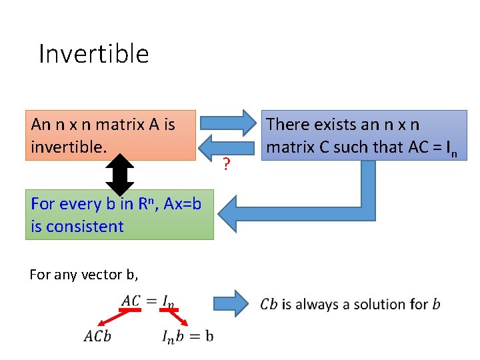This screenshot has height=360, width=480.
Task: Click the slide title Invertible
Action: [93, 53]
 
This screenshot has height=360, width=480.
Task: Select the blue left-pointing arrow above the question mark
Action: [227, 147]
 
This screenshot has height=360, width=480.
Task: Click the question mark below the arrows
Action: [227, 164]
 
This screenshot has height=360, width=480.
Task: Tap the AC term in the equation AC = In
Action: [131, 301]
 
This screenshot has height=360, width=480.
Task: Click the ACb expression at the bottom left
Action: [97, 336]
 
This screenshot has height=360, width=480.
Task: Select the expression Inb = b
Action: [187, 336]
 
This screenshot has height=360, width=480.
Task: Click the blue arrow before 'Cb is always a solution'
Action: [233, 303]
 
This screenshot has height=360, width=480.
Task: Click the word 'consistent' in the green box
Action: [77, 227]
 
